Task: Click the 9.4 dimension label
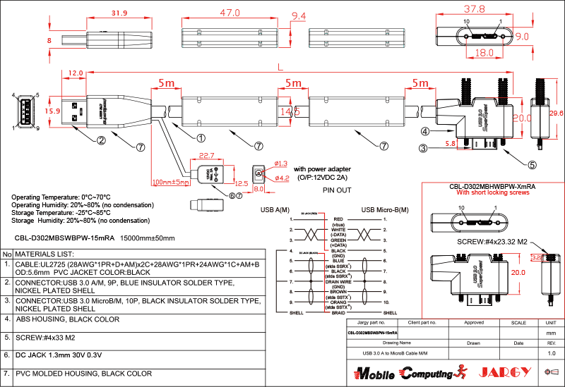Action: coord(299,16)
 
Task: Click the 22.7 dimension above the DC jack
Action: coord(206,156)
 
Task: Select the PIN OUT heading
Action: coord(337,190)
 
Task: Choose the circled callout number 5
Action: coord(532,165)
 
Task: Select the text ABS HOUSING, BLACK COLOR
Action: coord(67,319)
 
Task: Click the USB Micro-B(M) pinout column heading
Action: coord(386,209)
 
